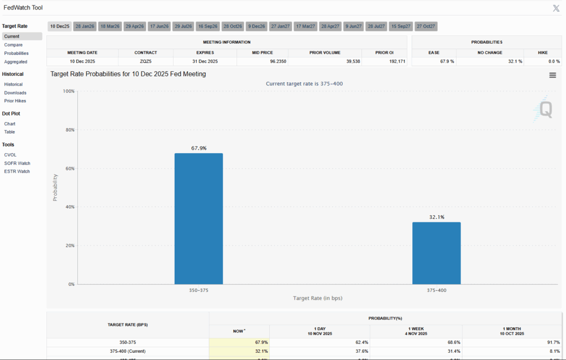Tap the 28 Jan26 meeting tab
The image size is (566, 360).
click(85, 26)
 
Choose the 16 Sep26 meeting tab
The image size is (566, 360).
click(208, 26)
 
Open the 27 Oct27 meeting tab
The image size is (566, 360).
click(426, 26)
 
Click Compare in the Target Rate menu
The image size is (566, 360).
click(13, 45)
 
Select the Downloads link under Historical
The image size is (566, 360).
click(15, 93)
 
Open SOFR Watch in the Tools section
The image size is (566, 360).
click(17, 163)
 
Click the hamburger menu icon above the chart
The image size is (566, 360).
click(552, 75)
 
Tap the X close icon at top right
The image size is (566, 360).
click(556, 8)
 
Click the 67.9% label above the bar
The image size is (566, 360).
click(198, 148)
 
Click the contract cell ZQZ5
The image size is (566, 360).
click(146, 61)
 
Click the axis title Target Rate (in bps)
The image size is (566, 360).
click(317, 298)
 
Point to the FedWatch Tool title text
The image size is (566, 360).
click(23, 8)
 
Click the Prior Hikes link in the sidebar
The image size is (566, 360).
click(15, 101)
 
